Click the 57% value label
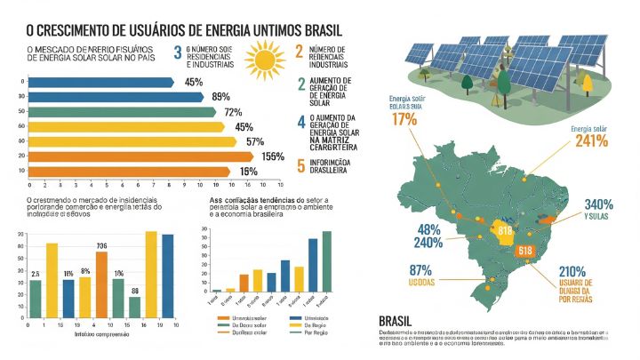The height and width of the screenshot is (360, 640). tap(255, 141)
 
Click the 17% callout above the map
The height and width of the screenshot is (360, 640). tap(404, 119)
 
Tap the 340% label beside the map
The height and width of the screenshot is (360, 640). tap(598, 204)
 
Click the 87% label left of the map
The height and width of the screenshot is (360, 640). tap(396, 270)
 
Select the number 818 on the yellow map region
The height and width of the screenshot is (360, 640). tap(505, 231)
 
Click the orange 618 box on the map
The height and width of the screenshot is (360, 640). tap(524, 252)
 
